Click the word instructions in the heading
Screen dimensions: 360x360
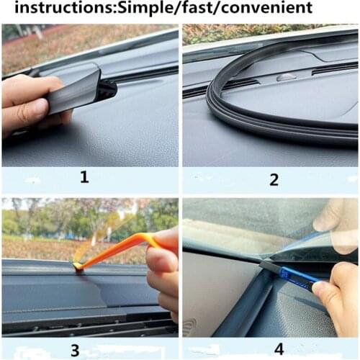(53, 9)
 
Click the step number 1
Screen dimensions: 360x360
(84, 176)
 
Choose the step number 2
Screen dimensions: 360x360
(274, 179)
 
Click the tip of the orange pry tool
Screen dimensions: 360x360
(76, 267)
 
